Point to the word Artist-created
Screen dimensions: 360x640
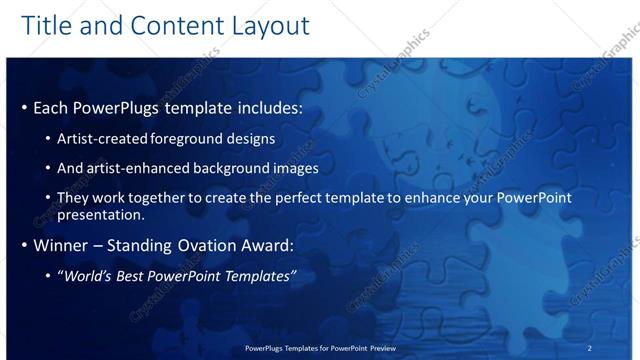pos(104,139)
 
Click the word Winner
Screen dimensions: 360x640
pos(63,245)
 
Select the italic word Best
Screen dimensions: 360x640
pos(137,275)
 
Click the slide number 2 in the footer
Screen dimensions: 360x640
pos(589,347)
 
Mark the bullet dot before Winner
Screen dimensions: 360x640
pos(24,245)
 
